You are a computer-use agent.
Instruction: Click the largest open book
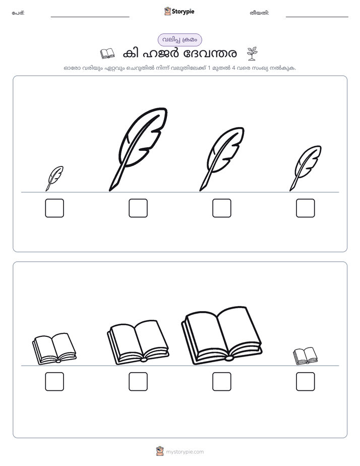click(221, 335)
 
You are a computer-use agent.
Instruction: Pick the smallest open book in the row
click(305, 356)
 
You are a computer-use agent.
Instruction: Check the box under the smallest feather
click(54, 208)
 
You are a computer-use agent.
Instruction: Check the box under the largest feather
click(138, 208)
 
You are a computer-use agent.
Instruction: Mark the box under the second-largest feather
click(222, 208)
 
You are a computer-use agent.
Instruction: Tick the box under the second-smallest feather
click(306, 208)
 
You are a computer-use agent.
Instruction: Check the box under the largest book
click(222, 382)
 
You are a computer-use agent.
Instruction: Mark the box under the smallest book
click(306, 382)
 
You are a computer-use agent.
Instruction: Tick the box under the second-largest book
click(138, 382)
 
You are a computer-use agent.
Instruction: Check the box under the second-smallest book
click(54, 382)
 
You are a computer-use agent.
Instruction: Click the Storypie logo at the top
click(179, 11)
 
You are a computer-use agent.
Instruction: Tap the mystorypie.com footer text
click(185, 452)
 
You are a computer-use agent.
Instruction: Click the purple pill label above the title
click(179, 40)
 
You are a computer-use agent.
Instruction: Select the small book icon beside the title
click(107, 53)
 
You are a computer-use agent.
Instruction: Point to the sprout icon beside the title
click(252, 53)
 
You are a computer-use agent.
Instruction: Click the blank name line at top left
click(90, 17)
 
